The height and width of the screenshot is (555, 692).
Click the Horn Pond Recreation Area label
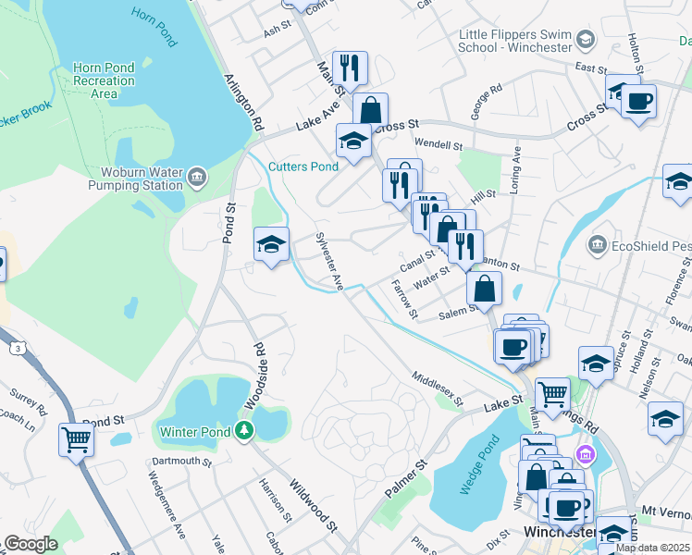click(105, 81)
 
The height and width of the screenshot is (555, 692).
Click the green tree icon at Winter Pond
click(242, 430)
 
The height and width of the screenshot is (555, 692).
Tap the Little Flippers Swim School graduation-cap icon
click(585, 39)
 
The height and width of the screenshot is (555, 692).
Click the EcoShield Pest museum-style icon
click(597, 245)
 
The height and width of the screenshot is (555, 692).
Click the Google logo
click(30, 544)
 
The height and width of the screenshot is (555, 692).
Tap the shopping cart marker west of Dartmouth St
click(76, 439)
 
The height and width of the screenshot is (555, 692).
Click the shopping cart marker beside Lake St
click(552, 393)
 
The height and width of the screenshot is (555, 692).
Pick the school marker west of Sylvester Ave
click(271, 244)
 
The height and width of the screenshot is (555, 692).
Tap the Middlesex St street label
click(438, 388)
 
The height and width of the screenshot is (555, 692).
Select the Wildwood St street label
click(313, 505)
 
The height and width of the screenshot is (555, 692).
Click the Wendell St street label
click(438, 145)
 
